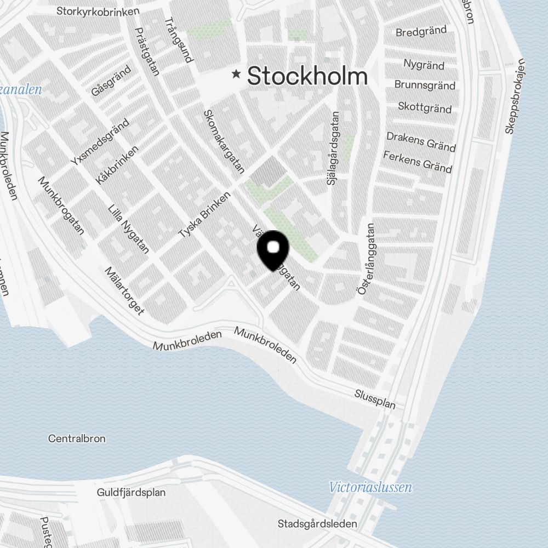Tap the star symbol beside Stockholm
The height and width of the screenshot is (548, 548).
tap(237, 74)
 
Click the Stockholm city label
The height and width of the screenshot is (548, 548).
tap(307, 76)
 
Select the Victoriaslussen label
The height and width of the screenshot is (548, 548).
tap(370, 487)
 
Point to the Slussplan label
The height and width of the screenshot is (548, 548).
tap(375, 399)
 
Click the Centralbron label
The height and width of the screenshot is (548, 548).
tap(77, 439)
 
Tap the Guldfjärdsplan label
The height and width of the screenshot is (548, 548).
tap(131, 493)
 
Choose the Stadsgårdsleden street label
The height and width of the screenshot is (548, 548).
tap(317, 524)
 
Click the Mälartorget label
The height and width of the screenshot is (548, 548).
tap(124, 292)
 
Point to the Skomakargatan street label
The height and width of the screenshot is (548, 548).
tap(224, 142)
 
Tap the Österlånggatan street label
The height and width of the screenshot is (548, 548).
tap(366, 259)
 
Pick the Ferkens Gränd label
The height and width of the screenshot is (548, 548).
tap(418, 162)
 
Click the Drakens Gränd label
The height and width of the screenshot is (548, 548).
tap(421, 141)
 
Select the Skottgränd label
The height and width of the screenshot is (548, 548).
tap(425, 107)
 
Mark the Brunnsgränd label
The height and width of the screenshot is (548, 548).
tap(425, 85)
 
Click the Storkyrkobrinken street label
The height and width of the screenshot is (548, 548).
tap(98, 10)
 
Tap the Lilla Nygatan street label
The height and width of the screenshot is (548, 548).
tap(129, 229)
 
